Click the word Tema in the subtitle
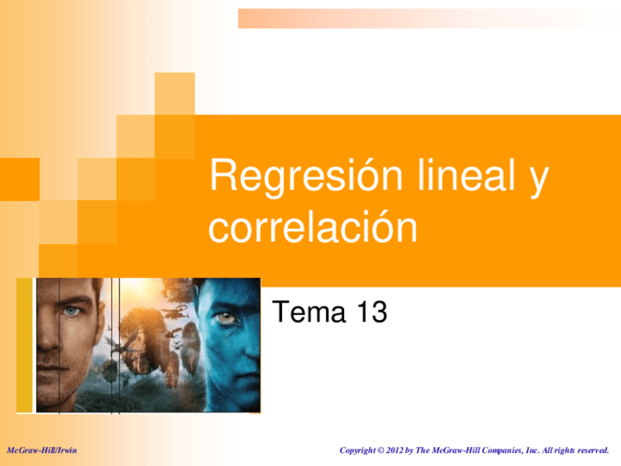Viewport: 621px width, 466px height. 309,312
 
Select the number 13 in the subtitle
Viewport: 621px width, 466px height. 372,312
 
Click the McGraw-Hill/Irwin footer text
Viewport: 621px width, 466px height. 42,450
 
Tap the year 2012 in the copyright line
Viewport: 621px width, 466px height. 394,450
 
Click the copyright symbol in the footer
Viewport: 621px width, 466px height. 381,451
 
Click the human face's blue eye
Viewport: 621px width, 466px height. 72,311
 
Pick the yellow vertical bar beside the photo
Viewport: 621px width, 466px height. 25,345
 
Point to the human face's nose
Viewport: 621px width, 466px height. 49,337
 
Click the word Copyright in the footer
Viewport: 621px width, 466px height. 357,451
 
